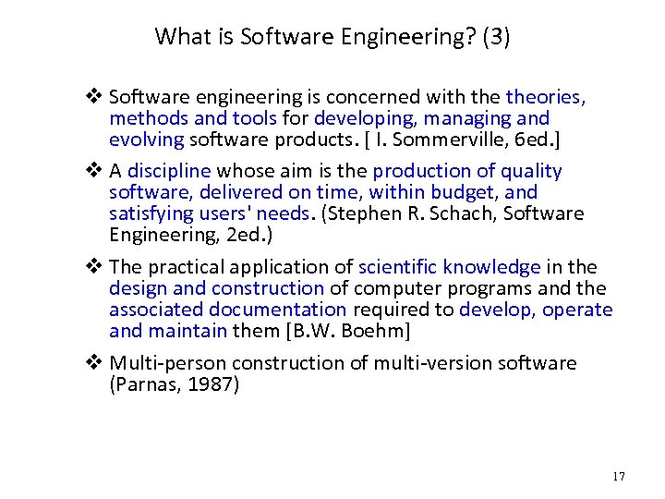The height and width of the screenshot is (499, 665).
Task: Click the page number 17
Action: [x=618, y=476]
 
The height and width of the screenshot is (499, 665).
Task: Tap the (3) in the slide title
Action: [x=496, y=37]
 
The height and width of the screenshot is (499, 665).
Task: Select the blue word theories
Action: [x=543, y=96]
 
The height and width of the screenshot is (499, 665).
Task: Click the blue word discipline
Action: [x=169, y=170]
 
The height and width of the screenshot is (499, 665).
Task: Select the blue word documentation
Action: [x=277, y=310]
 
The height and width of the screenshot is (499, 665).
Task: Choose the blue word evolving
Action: [x=147, y=140]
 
